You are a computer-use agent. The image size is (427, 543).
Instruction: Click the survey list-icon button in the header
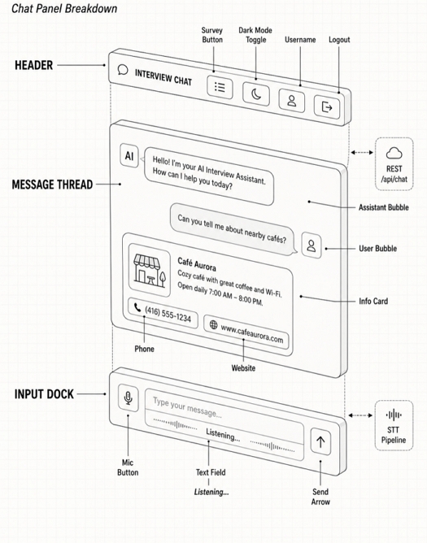click(220, 87)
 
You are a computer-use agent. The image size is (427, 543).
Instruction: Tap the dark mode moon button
click(256, 93)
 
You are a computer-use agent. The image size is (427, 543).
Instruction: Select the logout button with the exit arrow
click(327, 107)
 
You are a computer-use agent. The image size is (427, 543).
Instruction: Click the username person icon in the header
click(292, 101)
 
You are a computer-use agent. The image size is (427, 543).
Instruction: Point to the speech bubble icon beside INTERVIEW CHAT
click(123, 70)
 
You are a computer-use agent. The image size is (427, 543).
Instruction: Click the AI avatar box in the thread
click(129, 156)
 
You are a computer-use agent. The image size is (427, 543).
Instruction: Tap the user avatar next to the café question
click(312, 245)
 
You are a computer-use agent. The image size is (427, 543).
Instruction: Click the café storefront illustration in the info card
click(150, 270)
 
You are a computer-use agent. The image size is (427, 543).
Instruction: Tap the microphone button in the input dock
click(129, 397)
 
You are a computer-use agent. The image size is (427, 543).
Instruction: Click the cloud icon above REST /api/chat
click(394, 153)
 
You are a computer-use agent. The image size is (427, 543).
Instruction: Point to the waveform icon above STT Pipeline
click(394, 415)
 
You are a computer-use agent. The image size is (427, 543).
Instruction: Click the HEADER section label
click(33, 65)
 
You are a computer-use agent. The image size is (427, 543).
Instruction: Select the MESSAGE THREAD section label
click(52, 185)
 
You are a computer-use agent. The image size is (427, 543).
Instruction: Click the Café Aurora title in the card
click(197, 264)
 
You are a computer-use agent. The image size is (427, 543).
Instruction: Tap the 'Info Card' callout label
click(373, 302)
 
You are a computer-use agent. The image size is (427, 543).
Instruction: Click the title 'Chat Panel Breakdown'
click(64, 8)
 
